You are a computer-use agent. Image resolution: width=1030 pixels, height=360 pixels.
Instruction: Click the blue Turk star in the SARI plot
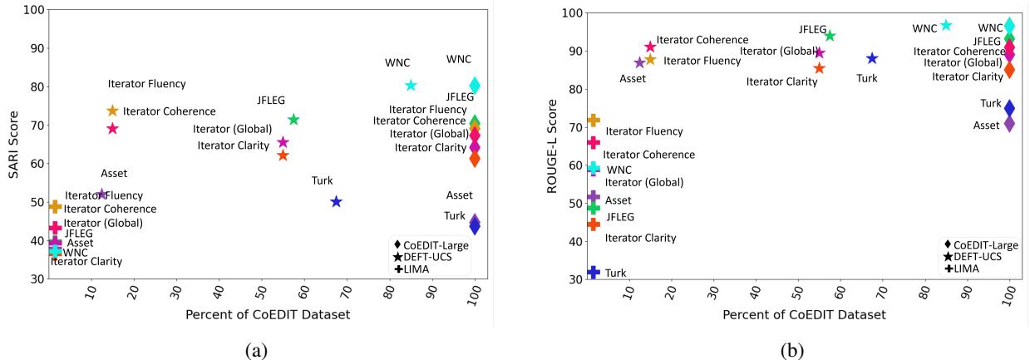336,201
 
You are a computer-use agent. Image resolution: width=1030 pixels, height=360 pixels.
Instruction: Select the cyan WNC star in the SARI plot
411,85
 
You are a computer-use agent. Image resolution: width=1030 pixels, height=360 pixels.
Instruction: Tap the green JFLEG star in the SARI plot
293,120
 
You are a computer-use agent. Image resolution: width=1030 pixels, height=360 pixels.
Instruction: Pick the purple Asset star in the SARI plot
102,194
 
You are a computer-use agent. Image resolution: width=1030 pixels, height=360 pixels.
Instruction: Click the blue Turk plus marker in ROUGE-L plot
594,272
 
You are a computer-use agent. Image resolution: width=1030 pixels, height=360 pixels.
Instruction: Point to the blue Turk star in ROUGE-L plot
872,58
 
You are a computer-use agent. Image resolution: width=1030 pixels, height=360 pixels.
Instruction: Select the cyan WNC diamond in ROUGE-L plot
1009,26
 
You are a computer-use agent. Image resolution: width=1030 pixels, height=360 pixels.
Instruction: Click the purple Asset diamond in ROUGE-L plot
1009,124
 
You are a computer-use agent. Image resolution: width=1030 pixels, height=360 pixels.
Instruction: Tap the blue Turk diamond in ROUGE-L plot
1009,108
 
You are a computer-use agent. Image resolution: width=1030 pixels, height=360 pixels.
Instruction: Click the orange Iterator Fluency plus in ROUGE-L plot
594,121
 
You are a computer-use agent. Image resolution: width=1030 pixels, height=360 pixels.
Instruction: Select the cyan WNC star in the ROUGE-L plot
946,26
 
